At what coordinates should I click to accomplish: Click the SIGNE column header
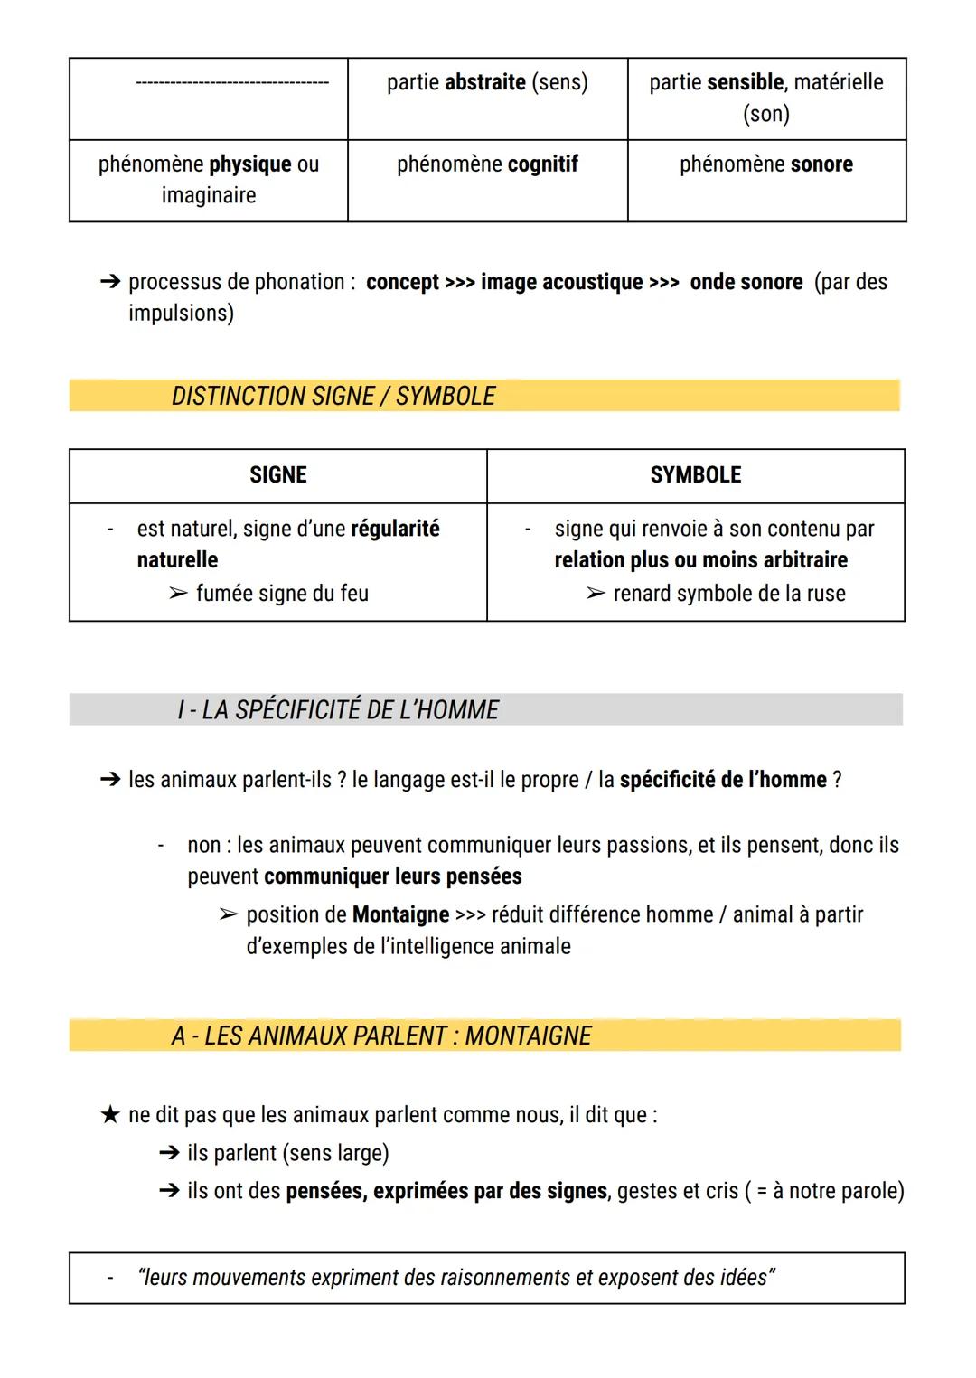point(277,475)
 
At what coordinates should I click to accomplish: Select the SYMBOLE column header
point(695,475)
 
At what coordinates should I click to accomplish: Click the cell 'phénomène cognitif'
point(487,164)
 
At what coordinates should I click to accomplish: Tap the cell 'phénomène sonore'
point(765,164)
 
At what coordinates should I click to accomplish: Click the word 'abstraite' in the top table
point(484,82)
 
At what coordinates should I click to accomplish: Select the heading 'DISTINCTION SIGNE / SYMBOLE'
point(333,397)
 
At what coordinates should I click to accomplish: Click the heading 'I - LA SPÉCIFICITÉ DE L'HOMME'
point(337,710)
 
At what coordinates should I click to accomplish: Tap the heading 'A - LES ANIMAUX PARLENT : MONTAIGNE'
point(380,1036)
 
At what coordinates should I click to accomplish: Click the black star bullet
point(109,1115)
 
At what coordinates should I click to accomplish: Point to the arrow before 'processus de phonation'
point(109,282)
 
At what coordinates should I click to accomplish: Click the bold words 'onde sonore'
point(746,282)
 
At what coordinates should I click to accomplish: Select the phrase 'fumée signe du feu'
point(282,594)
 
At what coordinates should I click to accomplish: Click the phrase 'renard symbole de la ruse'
point(728,594)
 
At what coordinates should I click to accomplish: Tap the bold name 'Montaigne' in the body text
point(400,914)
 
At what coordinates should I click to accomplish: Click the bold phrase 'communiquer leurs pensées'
point(393,876)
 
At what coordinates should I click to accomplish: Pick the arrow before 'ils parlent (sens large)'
point(168,1153)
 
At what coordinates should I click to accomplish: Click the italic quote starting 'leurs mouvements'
point(456,1278)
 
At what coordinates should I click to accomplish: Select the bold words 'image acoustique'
point(561,282)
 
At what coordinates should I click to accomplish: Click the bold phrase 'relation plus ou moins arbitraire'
point(700,560)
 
